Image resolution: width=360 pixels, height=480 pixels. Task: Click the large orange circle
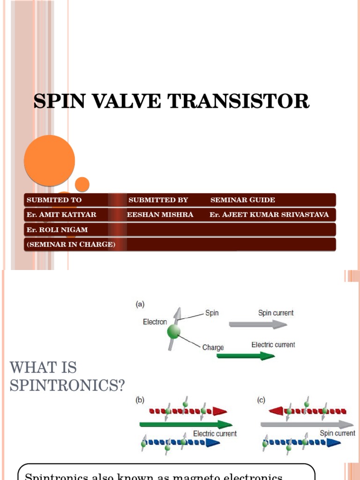(x=49, y=161)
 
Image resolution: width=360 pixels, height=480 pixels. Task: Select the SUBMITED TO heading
(x=54, y=200)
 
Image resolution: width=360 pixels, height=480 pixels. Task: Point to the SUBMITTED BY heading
(x=158, y=200)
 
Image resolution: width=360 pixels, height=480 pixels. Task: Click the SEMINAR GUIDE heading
(x=242, y=200)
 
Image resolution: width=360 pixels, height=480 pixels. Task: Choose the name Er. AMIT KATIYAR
(x=61, y=215)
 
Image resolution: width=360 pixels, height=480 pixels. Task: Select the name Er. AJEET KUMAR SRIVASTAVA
(x=269, y=215)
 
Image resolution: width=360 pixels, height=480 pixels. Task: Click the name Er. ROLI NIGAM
(x=57, y=230)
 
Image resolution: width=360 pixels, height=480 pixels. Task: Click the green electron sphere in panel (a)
(x=174, y=332)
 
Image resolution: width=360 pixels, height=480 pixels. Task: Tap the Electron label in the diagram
(x=155, y=322)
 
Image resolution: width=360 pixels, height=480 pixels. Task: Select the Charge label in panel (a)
(x=213, y=348)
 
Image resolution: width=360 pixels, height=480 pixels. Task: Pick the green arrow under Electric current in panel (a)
(x=245, y=356)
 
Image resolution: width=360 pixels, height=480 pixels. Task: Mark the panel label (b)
(x=140, y=400)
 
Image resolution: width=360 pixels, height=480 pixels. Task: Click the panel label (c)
(x=262, y=400)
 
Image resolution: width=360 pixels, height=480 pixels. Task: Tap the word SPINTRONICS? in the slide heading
(x=67, y=386)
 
